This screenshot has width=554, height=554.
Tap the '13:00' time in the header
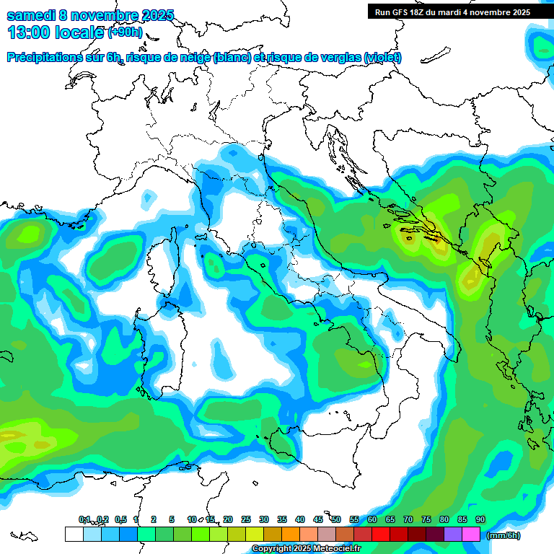tap(29, 32)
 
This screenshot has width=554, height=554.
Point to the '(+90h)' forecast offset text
tap(124, 32)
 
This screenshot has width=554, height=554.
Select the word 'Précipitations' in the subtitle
tap(44, 57)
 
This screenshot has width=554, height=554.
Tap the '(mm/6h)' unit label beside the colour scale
tap(503, 535)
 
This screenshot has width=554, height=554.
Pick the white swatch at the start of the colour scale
tap(74, 534)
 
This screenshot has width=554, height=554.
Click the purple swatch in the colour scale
tap(453, 534)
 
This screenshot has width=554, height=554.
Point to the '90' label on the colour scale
tap(480, 519)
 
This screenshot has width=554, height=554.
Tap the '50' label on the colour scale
tap(336, 519)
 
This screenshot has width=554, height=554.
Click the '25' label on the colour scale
tap(246, 519)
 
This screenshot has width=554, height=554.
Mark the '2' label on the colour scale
tap(154, 519)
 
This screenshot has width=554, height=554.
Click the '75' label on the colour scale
tap(426, 519)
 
